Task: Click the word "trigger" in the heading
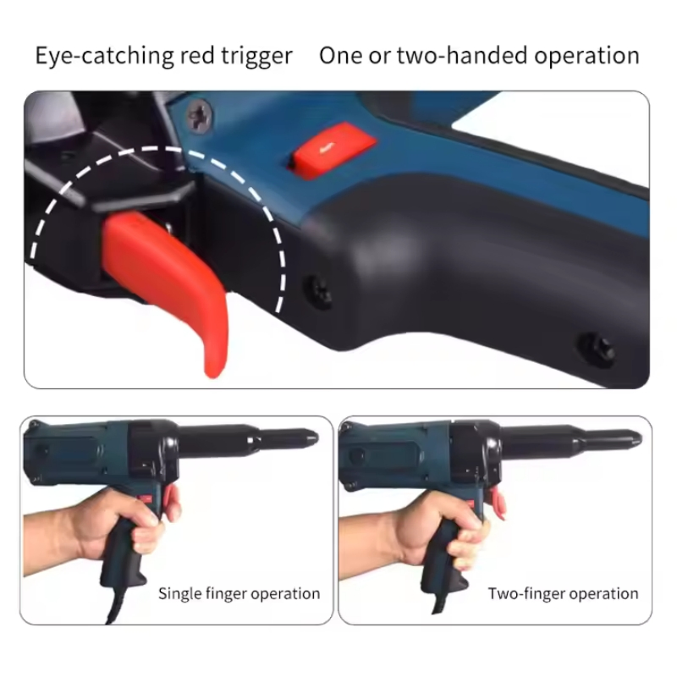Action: click(x=252, y=57)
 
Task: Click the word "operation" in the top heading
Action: click(x=585, y=57)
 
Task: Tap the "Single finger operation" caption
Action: click(x=239, y=593)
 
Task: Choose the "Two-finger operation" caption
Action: click(x=563, y=593)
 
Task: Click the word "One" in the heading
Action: click(x=340, y=57)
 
